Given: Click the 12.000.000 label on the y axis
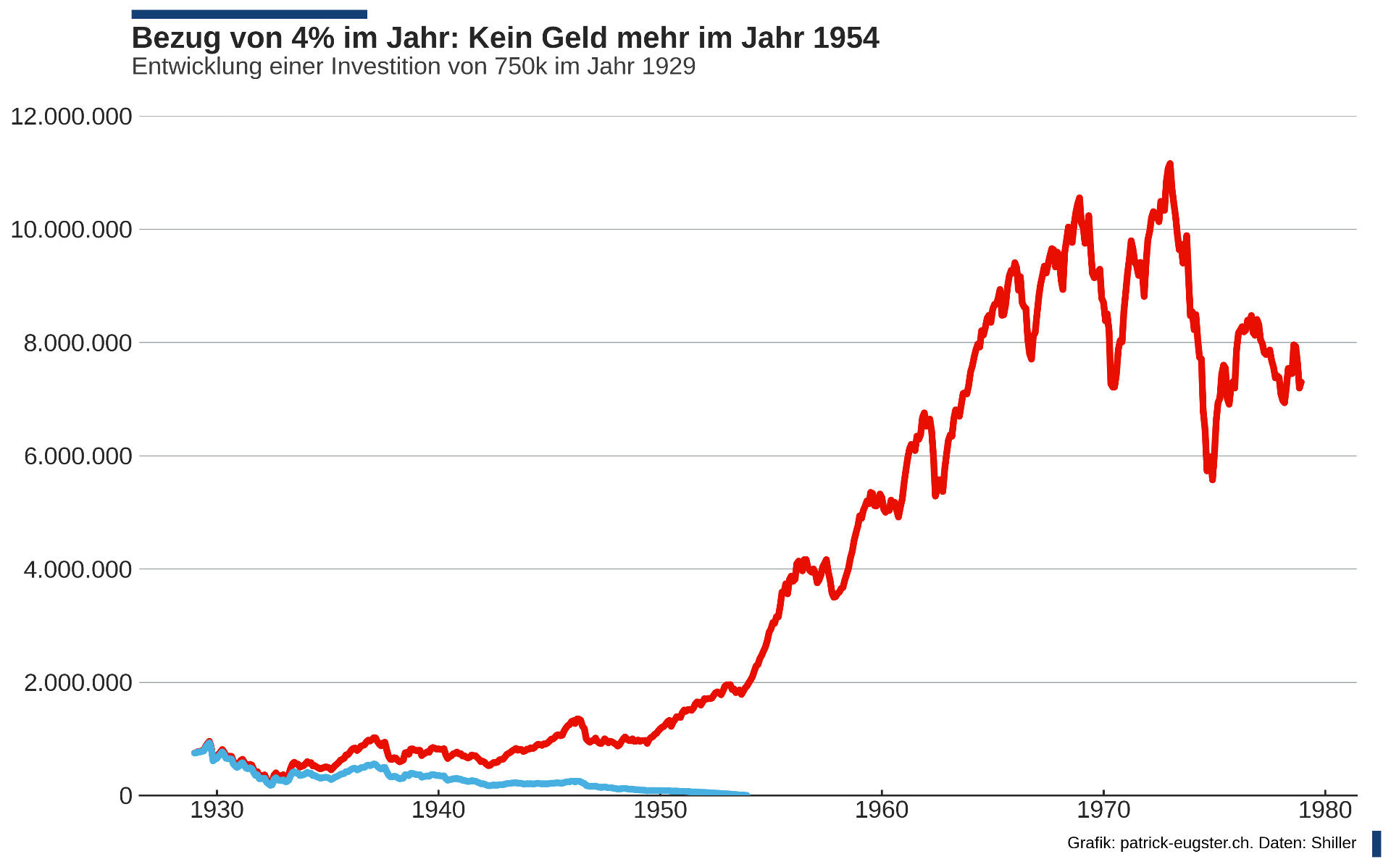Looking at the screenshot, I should point(71,116).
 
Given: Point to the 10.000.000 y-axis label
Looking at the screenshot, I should point(71,230).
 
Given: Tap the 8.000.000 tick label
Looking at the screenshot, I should point(78,343).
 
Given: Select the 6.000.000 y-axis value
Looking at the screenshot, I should point(78,456).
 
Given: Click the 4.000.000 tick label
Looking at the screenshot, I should point(78,569).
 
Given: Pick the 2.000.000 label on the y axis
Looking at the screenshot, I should point(78,682).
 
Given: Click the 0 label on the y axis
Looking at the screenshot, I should point(125,795).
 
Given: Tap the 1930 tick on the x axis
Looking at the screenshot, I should point(216,810).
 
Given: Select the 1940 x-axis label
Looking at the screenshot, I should point(438,810).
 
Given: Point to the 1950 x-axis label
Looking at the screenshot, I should point(660,810).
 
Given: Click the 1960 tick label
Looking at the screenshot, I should point(882,810).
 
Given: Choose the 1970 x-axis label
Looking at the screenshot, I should point(1103,810).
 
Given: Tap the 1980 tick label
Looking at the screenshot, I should point(1325,810).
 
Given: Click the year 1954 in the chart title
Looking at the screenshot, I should point(845,38).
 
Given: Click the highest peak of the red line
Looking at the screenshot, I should point(1169,165).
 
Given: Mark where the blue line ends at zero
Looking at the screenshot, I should point(747,795).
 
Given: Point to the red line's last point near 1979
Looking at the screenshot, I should point(1302,382).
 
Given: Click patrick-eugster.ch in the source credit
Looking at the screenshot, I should point(1186,843).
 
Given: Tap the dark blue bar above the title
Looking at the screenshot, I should point(249,14).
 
